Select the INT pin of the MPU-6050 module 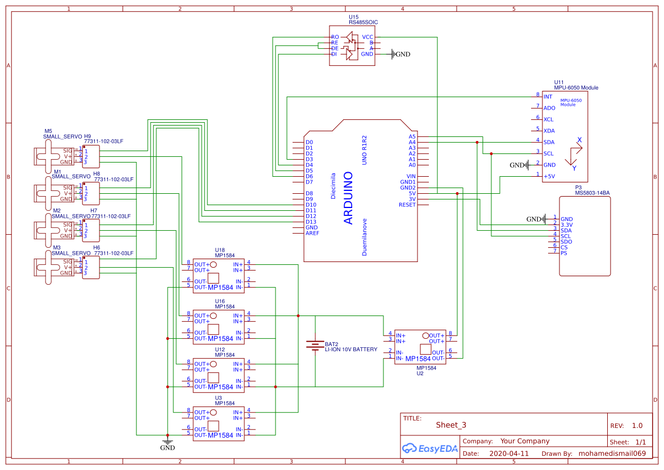(548, 97)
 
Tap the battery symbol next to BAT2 (315, 346)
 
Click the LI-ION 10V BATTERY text (350, 350)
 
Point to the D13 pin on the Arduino (310, 222)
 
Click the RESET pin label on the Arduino (407, 205)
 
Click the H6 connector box (91, 267)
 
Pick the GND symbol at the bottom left (167, 443)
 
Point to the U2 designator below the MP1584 (420, 373)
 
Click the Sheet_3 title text (451, 425)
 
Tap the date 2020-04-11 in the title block (508, 454)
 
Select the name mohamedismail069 (612, 454)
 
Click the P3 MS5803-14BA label (592, 190)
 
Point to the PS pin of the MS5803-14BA (563, 253)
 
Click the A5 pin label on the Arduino (412, 136)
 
